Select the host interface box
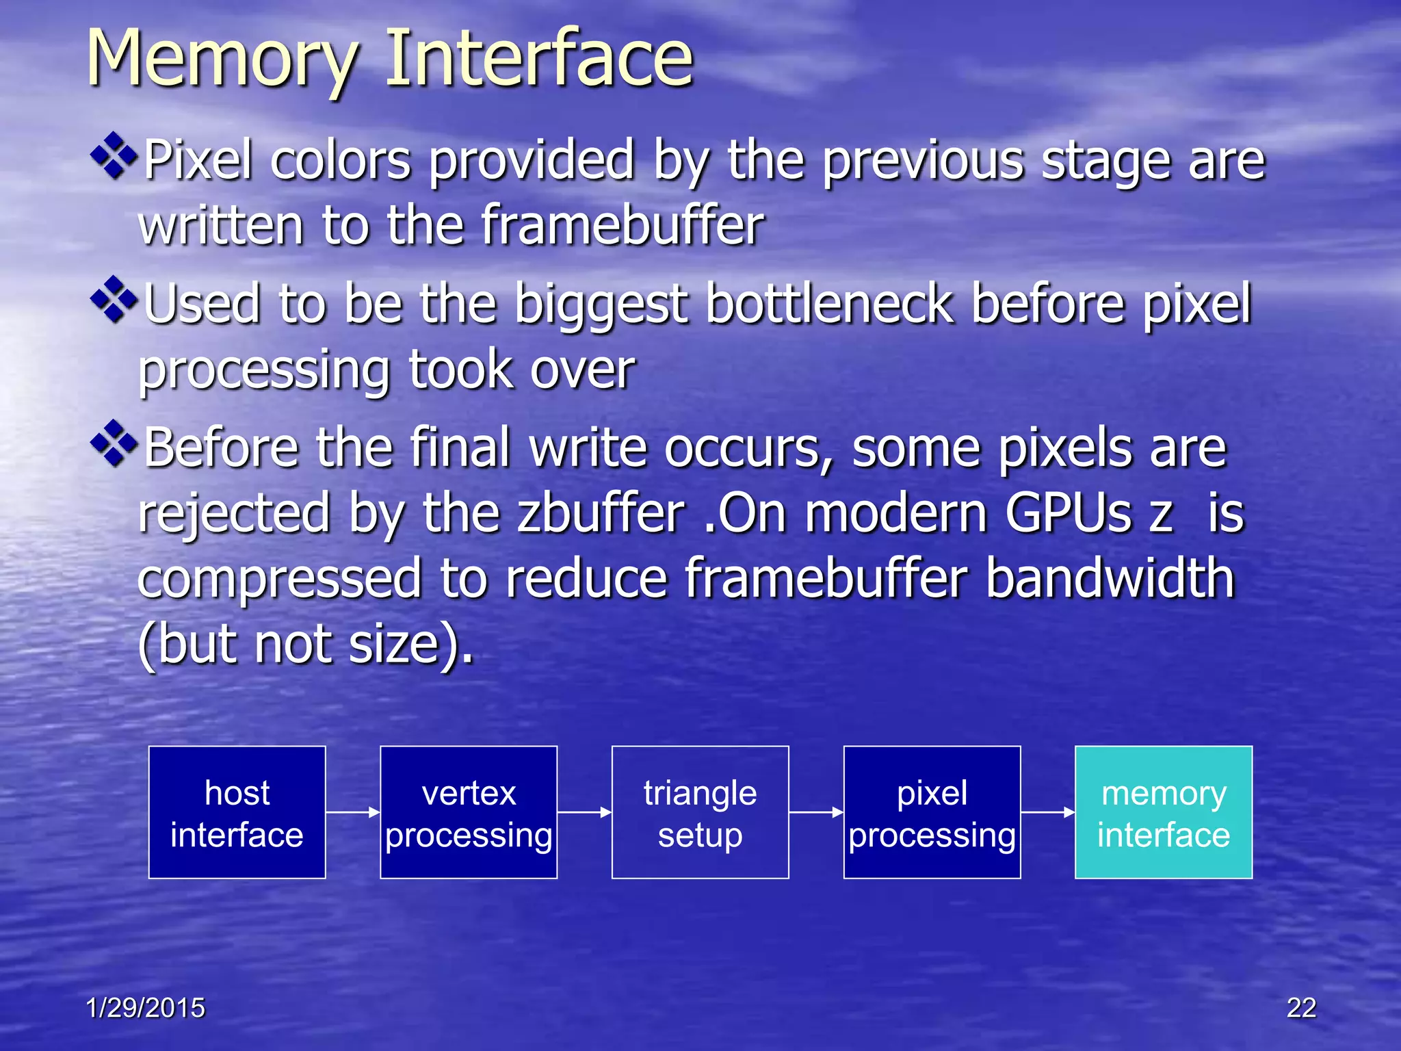(237, 812)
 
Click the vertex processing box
(469, 812)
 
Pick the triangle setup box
(700, 812)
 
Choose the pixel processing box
(932, 812)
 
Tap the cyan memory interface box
(1164, 812)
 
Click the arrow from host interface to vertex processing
(352, 812)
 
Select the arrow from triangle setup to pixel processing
(816, 812)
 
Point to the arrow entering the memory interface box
(1047, 812)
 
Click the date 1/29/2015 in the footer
(145, 1008)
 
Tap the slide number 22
(1301, 1008)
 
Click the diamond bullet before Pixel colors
(114, 155)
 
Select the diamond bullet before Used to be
(114, 299)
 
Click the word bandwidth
(1110, 578)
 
